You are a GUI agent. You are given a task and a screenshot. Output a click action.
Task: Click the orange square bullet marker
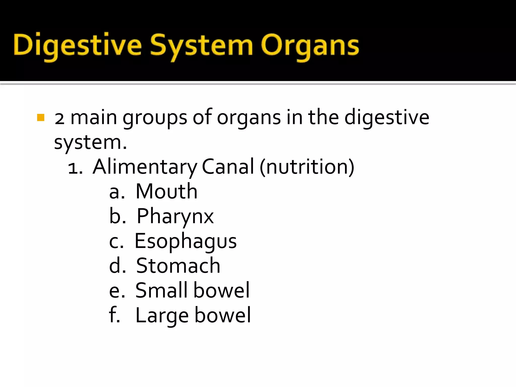coord(41,118)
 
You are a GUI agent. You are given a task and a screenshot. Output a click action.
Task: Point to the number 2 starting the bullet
coord(59,118)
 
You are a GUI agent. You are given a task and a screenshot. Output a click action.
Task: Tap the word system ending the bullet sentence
coord(90,143)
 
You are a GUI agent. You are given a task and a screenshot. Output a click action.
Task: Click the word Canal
coord(228,167)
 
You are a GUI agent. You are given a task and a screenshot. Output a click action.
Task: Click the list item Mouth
coord(166,191)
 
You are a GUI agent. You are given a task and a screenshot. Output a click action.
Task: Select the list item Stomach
coord(178,266)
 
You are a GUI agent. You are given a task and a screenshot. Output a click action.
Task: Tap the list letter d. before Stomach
coord(117,266)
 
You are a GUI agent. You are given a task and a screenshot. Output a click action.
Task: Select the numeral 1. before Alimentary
coord(75,168)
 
